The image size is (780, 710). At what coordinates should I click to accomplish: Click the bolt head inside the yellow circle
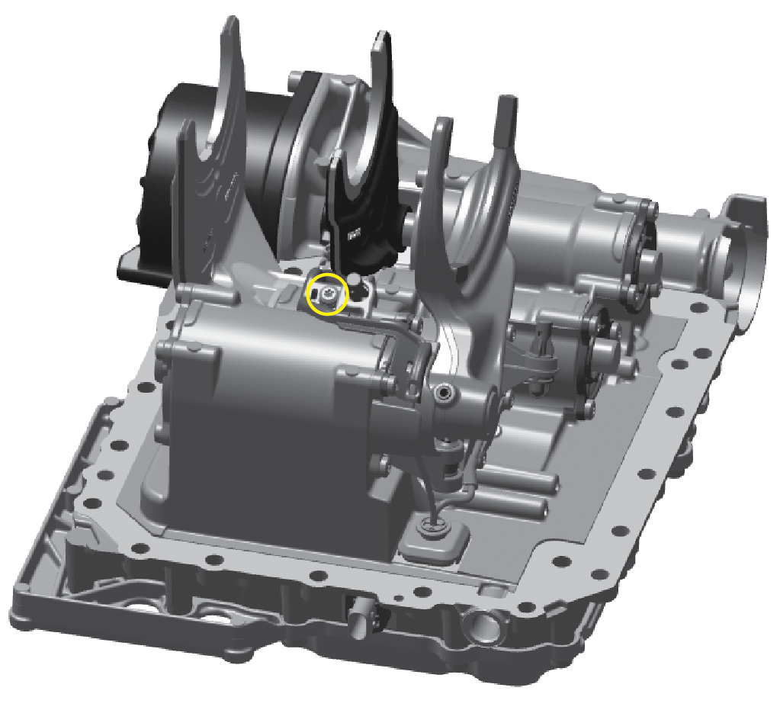(326, 294)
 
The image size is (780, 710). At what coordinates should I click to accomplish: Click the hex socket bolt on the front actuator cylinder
(443, 393)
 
